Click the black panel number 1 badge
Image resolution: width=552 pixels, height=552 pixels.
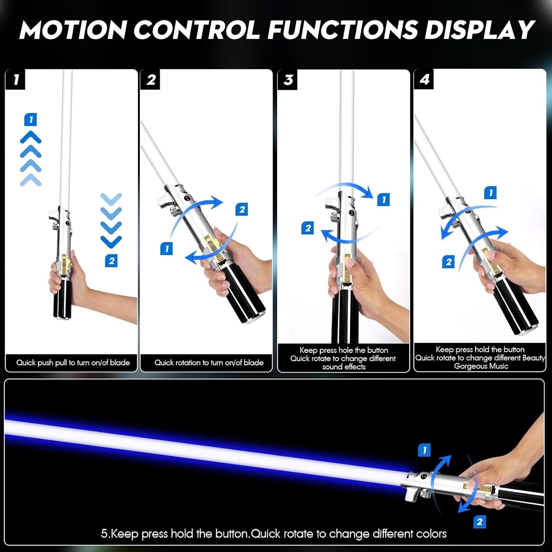pyautogui.click(x=15, y=79)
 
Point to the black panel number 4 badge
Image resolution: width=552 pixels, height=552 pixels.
pyautogui.click(x=424, y=79)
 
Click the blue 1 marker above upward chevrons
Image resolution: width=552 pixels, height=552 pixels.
pyautogui.click(x=31, y=120)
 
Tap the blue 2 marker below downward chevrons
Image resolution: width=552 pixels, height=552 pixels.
pyautogui.click(x=111, y=261)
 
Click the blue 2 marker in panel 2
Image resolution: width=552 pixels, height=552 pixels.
pyautogui.click(x=242, y=209)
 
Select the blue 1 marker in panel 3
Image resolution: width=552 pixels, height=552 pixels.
pyautogui.click(x=383, y=200)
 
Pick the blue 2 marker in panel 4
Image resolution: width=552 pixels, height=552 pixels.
pyautogui.click(x=448, y=262)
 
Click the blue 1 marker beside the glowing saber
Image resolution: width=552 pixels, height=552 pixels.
pyautogui.click(x=424, y=450)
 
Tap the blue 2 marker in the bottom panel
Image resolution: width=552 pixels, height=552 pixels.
pyautogui.click(x=480, y=521)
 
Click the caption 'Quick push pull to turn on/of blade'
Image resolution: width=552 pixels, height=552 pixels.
pyautogui.click(x=73, y=362)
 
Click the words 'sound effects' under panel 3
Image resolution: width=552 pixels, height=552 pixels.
pyautogui.click(x=344, y=367)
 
